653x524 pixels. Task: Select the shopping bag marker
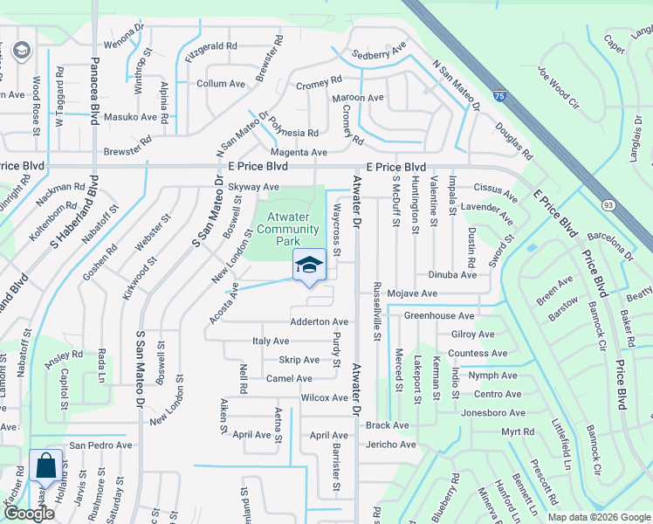point(45,466)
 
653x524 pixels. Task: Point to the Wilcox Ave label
point(324,397)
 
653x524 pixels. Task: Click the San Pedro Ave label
point(100,445)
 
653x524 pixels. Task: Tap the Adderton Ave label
point(319,322)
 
